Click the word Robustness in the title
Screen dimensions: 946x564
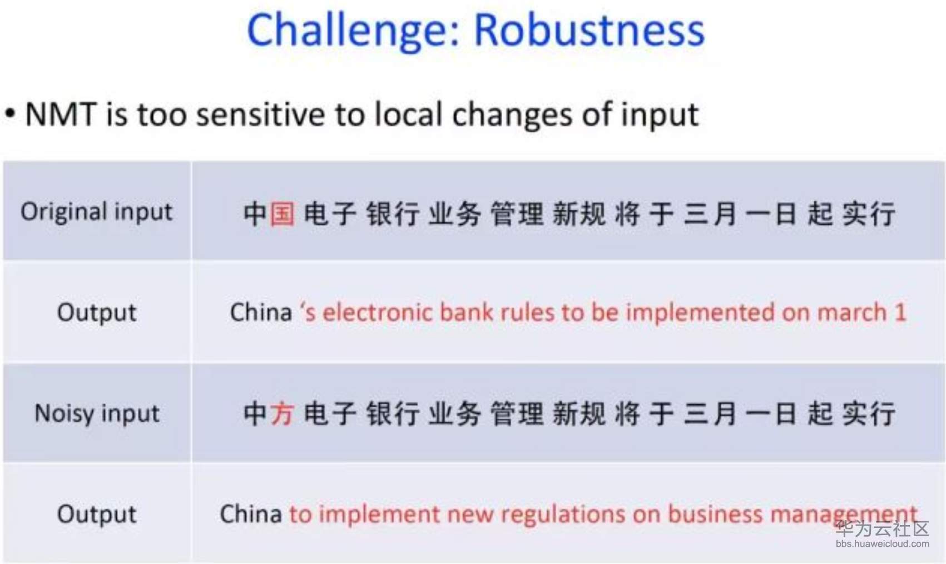pos(590,29)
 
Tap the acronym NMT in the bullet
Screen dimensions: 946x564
pos(61,114)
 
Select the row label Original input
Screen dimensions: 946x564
pos(97,211)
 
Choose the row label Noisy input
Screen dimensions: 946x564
pos(97,413)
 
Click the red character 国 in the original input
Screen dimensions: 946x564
pos(282,214)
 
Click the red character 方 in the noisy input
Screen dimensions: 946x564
pos(282,413)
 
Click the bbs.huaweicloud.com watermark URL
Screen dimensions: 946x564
pos(882,544)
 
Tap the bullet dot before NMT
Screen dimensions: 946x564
pos(10,114)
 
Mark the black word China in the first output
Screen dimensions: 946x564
pos(261,312)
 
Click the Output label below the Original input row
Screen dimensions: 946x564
pos(97,313)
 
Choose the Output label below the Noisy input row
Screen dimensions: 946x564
pos(97,514)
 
